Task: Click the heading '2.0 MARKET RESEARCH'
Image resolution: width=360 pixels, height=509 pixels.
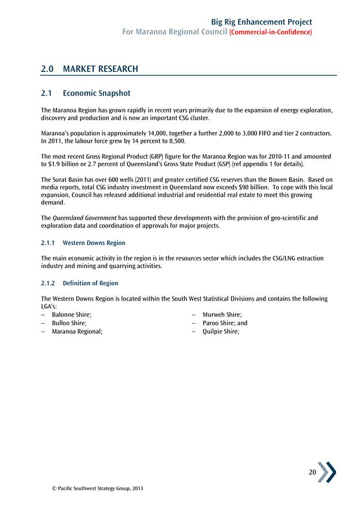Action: (x=90, y=69)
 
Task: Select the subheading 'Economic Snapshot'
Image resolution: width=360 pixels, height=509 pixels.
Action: (x=96, y=93)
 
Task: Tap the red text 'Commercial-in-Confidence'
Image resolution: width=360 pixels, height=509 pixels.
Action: (x=270, y=33)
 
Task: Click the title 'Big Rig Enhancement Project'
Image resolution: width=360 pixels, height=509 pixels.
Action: (x=261, y=22)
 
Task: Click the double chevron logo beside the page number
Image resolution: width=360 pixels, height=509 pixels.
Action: (x=327, y=472)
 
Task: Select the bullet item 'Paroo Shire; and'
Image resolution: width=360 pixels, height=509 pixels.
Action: (x=225, y=323)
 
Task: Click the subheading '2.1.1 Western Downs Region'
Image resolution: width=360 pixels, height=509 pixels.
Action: (x=83, y=243)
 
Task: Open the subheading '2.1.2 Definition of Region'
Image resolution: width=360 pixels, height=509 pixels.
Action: (x=79, y=283)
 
